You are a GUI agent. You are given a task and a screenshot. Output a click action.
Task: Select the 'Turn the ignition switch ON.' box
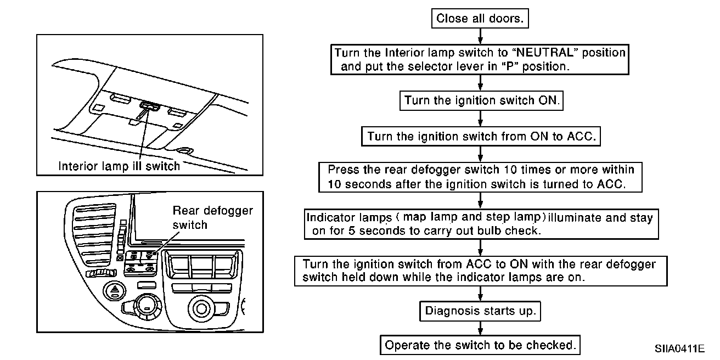[x=481, y=101]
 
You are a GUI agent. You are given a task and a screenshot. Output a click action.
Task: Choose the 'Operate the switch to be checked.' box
[x=480, y=346]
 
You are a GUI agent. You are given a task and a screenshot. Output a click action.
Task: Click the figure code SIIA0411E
[x=679, y=349]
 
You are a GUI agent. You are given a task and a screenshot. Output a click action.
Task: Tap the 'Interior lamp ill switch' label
[x=119, y=166]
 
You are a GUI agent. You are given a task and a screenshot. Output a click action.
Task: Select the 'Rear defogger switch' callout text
[x=213, y=218]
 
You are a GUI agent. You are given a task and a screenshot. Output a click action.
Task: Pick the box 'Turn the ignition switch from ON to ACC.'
[x=481, y=136]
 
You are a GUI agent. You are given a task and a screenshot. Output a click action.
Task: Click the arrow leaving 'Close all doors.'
[x=481, y=36]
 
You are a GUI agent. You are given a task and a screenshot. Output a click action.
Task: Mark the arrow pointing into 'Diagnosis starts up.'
[x=481, y=294]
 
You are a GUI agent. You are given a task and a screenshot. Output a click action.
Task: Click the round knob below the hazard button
[x=147, y=305]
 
